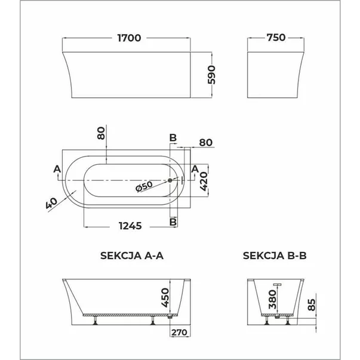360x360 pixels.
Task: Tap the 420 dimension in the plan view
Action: [204, 180]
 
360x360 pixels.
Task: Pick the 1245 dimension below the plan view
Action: [127, 226]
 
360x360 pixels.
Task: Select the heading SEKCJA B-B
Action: [275, 256]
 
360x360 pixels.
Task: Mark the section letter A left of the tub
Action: [57, 169]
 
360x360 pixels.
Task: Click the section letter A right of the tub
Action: [195, 169]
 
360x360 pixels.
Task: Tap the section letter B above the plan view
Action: [173, 138]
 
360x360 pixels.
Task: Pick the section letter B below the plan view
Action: [173, 221]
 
